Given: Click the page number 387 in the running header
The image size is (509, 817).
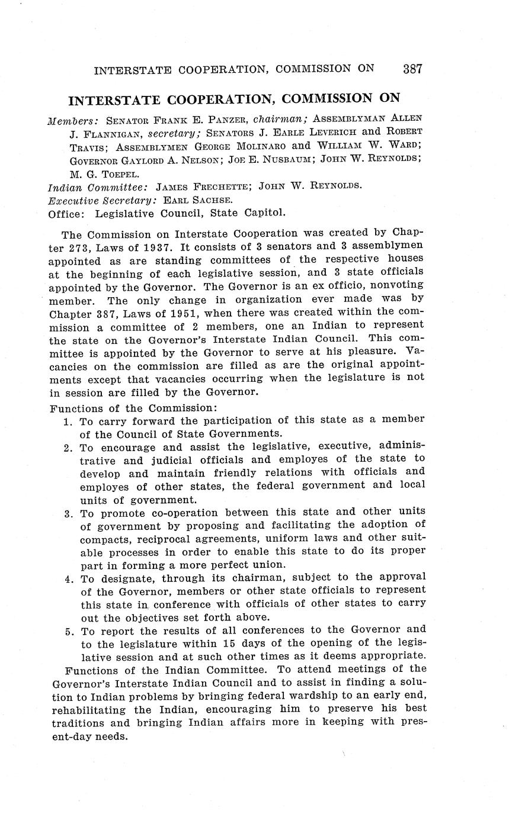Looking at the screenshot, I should [412, 69].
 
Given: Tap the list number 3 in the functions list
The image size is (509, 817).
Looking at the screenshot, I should [68, 512].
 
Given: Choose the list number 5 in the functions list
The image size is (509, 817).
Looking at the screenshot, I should [68, 631].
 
